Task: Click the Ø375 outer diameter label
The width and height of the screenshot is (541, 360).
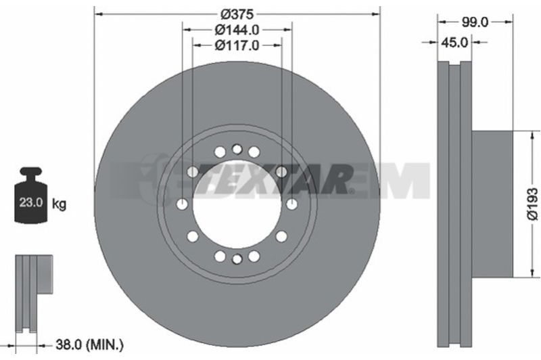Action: tap(237, 14)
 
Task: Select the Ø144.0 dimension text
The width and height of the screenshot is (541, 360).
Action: tap(237, 30)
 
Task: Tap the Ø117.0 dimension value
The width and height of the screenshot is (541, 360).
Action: tap(237, 45)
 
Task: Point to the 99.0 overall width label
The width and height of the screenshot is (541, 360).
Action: tap(475, 22)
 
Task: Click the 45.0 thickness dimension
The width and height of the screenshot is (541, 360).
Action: tap(454, 43)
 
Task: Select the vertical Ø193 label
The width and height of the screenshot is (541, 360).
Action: tap(532, 204)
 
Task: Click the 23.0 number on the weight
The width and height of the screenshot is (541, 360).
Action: tap(30, 202)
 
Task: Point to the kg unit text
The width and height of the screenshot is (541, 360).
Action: tap(59, 204)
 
